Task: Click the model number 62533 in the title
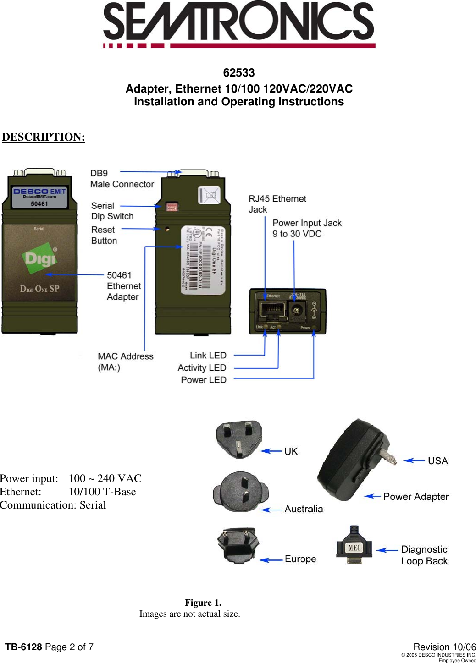pyautogui.click(x=238, y=73)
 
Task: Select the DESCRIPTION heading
pyautogui.click(x=44, y=137)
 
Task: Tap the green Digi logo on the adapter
pyautogui.click(x=40, y=258)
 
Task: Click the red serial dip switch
pyautogui.click(x=172, y=207)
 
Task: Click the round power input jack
pyautogui.click(x=297, y=312)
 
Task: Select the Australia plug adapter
pyautogui.click(x=240, y=492)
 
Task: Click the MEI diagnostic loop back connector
pyautogui.click(x=354, y=545)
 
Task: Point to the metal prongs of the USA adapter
pyautogui.click(x=388, y=457)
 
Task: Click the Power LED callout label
pyautogui.click(x=204, y=380)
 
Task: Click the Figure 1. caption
pyautogui.click(x=203, y=603)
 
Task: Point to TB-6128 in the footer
pyautogui.click(x=23, y=647)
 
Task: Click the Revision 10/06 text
pyautogui.click(x=444, y=647)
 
